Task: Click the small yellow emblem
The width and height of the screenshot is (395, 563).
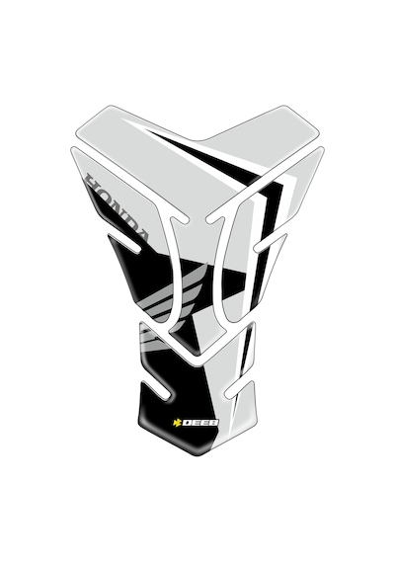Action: click(x=177, y=423)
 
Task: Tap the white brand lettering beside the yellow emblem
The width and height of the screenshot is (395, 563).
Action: click(x=200, y=423)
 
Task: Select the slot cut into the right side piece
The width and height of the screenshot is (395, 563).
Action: click(x=271, y=241)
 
